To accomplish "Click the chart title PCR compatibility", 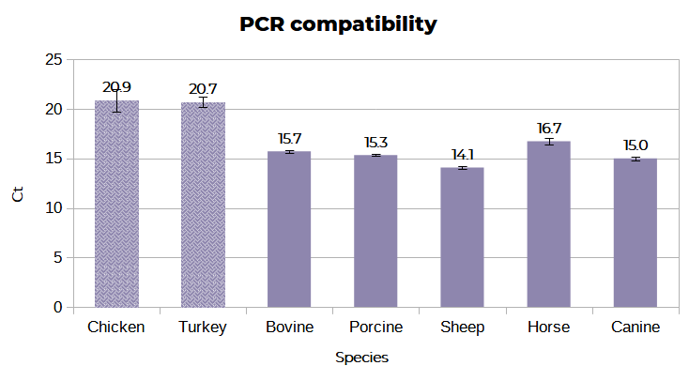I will [x=338, y=24].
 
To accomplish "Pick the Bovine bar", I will [x=289, y=230].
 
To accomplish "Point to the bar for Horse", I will [x=548, y=225].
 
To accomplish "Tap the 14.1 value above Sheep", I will [x=462, y=155].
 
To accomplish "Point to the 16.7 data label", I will [x=548, y=129].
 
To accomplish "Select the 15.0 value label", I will [x=635, y=145].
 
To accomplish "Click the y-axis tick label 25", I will [x=54, y=60].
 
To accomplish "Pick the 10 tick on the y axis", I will [x=54, y=208].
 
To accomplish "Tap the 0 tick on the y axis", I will [x=57, y=307].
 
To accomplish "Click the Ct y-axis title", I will [x=18, y=195].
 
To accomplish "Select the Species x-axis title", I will [x=361, y=358].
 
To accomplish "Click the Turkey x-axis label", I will [x=203, y=328].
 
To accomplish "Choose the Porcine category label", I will [x=375, y=328].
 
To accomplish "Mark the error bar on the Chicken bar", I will [x=116, y=100].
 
